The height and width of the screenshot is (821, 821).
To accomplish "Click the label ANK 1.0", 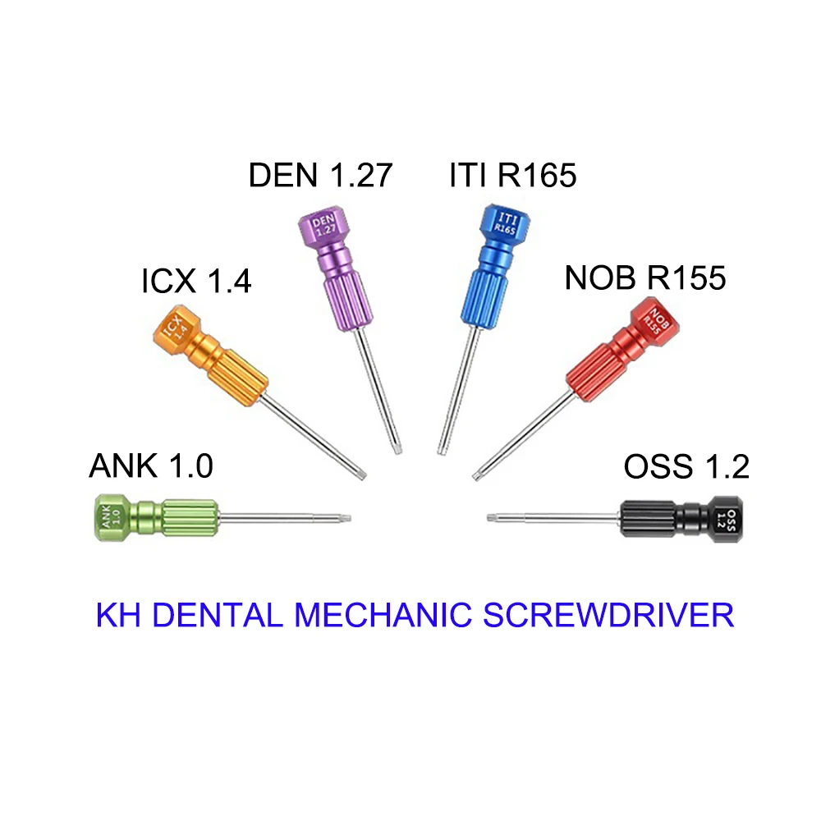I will coord(151,466).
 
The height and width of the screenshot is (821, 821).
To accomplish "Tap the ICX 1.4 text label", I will coord(196,282).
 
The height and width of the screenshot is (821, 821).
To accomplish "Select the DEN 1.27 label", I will coord(320,176).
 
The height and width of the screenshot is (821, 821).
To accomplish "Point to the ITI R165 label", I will coord(513,176).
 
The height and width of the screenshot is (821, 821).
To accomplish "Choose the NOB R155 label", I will coord(645,278).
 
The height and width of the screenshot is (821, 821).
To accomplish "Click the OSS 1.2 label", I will coord(686,466).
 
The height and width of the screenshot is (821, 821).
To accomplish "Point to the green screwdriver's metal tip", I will coord(346,518).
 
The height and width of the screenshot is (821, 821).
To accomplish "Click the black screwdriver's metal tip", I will coord(492,517).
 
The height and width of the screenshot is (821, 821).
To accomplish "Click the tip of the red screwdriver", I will coord(478,475).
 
